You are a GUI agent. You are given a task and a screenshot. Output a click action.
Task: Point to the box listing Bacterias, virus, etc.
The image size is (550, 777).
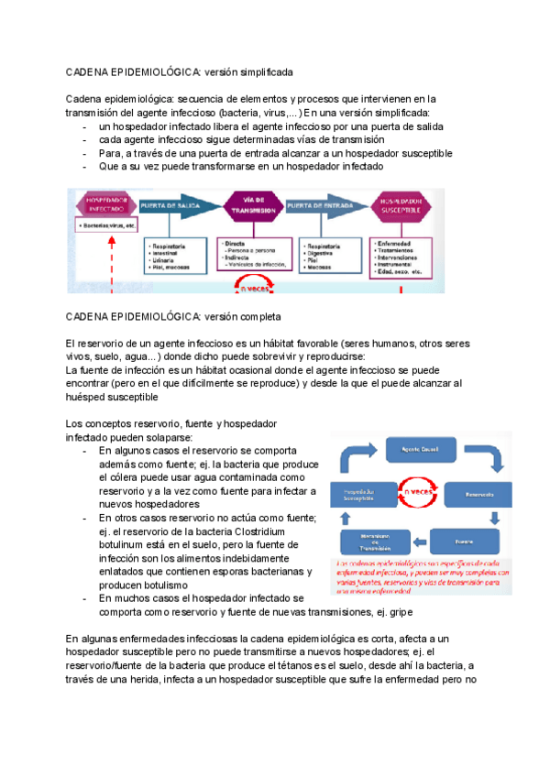pyautogui.click(x=108, y=224)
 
